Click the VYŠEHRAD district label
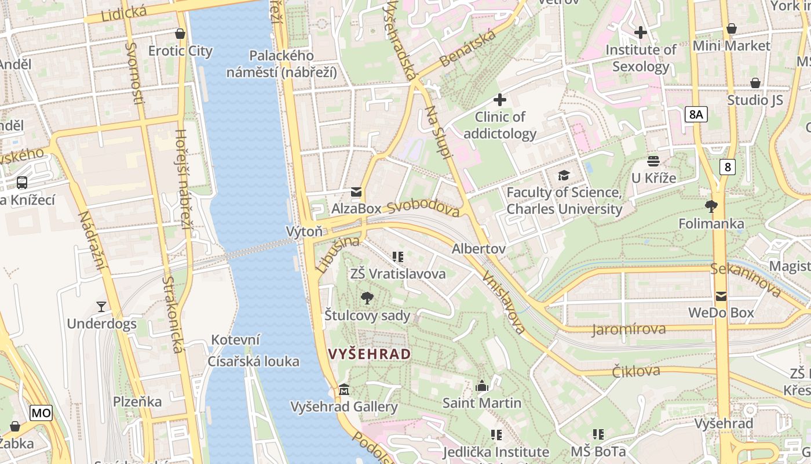coord(370,354)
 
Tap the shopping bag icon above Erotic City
coord(180,34)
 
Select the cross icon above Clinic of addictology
coord(500,100)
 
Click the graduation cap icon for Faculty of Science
coord(564,175)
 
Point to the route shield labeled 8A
coord(696,114)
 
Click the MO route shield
coord(41,413)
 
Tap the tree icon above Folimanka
coord(711,206)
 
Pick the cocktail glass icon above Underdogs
coord(101,306)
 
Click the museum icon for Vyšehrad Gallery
coord(344,389)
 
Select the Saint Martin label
coord(482,403)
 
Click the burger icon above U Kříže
coord(653,161)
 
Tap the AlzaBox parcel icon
coord(356,191)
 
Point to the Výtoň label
coord(304,231)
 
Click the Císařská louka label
coord(254,361)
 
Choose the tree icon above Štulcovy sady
coord(367,298)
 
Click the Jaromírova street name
coord(629,330)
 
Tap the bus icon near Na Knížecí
coord(22,183)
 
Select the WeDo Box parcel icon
coord(721,296)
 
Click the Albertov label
coord(478,249)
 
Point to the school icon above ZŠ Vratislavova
coord(397,256)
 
